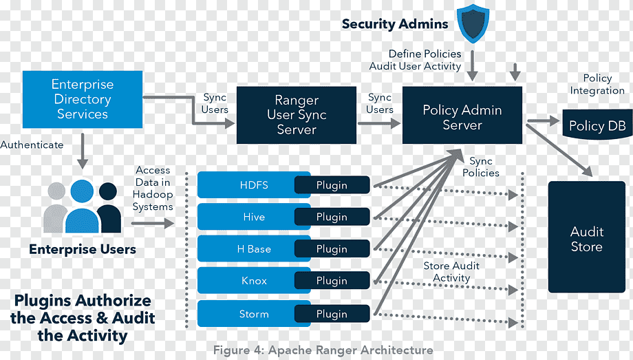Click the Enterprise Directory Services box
coord(83,99)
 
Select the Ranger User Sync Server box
coord(296,115)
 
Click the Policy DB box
coord(596,126)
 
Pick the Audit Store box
coord(586,237)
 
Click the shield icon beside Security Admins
coord(473,23)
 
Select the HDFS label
coord(254,185)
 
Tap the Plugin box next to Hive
coord(332,217)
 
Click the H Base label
coord(254,249)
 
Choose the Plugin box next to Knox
coord(332,281)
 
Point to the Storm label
coord(254,314)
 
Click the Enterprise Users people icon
coord(83,206)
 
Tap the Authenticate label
coord(32,145)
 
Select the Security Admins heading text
coord(395,24)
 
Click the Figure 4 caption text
coord(323,350)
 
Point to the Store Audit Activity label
coord(451,272)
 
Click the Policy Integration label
coord(597,85)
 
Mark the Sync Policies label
coord(481,167)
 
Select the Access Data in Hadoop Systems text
coord(153,188)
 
